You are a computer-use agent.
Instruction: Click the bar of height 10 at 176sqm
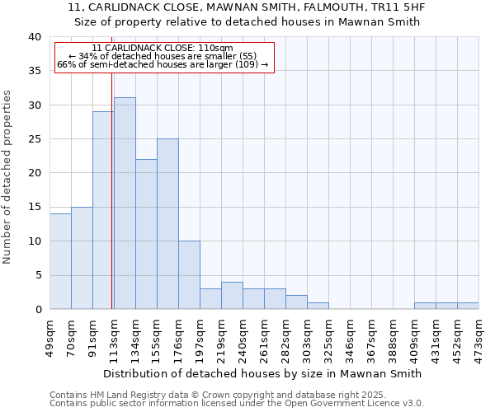coord(189,275)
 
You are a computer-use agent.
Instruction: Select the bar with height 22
coord(146,234)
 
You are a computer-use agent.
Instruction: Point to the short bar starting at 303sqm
coord(318,306)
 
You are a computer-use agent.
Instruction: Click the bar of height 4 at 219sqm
coord(232,296)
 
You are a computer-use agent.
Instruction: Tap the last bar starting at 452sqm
coord(468,306)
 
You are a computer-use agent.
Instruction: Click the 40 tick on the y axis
coord(34,37)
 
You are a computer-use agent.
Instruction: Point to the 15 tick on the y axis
coord(34,208)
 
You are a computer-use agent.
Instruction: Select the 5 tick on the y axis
coord(37,275)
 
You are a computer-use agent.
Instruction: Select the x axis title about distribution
coord(264,373)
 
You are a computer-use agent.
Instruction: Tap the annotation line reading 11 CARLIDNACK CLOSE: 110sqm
coord(163,49)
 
